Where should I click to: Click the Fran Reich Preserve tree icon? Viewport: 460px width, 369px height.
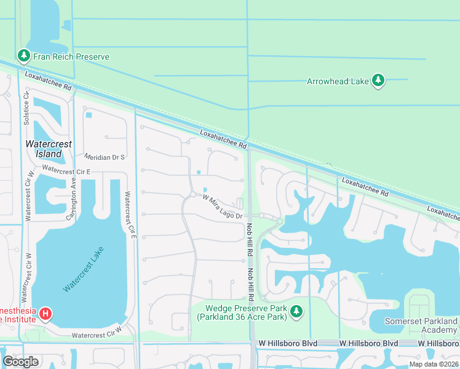coord(24,57)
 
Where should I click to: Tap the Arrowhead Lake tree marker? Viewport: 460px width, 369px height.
coord(378,81)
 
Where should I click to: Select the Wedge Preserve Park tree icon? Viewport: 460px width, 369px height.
coord(297,312)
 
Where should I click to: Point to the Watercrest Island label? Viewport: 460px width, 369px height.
coord(49,149)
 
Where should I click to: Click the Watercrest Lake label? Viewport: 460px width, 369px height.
coord(84,269)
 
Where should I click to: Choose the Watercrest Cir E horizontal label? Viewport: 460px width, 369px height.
coord(66,170)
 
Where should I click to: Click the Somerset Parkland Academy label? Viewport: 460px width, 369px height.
coord(422,325)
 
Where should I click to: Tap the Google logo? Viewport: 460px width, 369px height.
coord(20,362)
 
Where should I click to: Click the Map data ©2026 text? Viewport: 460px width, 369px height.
coord(433,364)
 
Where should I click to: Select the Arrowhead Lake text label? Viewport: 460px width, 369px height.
coord(336,81)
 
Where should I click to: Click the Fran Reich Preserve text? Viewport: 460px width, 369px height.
coord(72,57)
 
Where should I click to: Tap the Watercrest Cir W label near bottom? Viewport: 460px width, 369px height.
coord(97,336)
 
